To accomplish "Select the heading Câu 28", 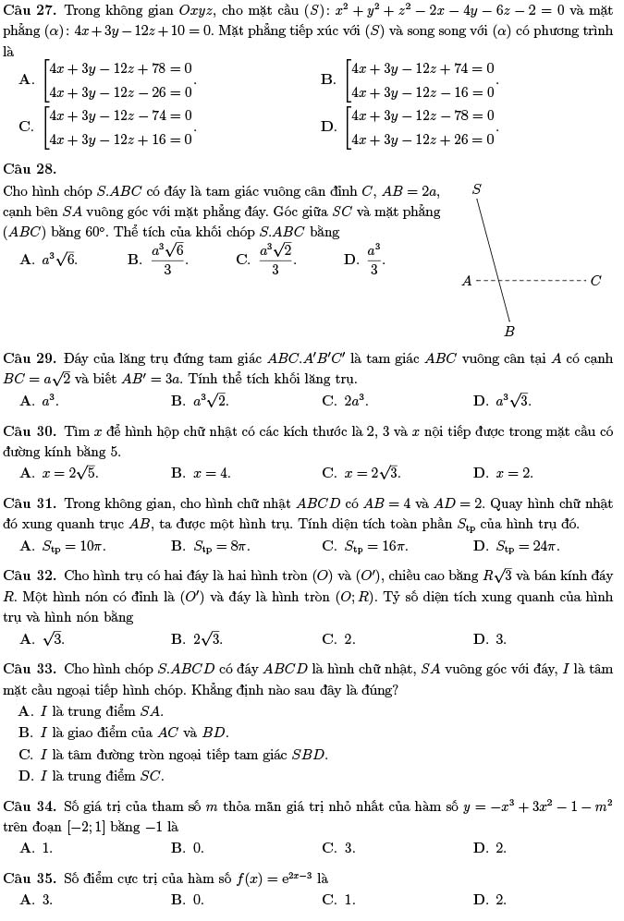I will pos(30,168).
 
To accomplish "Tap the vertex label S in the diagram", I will pos(477,189).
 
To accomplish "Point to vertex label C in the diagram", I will pos(595,280).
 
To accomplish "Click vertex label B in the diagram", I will pos(508,330).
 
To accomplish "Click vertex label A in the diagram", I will pos(466,280).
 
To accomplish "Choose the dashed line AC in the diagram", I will pos(532,279).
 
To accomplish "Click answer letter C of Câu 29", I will pos(328,401).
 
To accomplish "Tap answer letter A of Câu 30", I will pos(28,473).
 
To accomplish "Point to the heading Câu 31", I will pos(30,503).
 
